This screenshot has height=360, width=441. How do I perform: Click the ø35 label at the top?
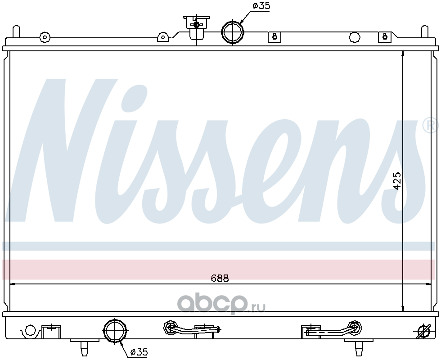pos(261,6)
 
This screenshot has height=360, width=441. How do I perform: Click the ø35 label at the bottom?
pos(139,352)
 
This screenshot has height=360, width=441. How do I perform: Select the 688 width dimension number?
pos(220,278)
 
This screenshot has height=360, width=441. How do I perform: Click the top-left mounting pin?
pos(16,31)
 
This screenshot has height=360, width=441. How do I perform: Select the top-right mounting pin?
pos(424,31)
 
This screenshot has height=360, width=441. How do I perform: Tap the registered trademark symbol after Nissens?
pos(430,125)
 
